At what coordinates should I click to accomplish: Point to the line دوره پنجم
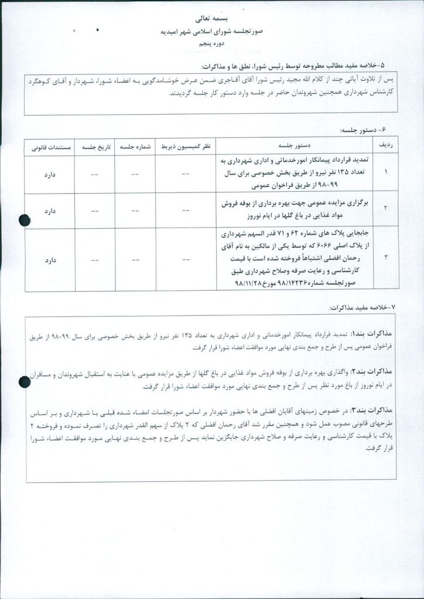tap(213, 43)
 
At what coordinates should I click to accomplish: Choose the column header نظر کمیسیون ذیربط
tap(186, 143)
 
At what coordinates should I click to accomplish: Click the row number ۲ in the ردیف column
tap(384, 208)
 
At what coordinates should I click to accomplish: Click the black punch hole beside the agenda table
tap(24, 220)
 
